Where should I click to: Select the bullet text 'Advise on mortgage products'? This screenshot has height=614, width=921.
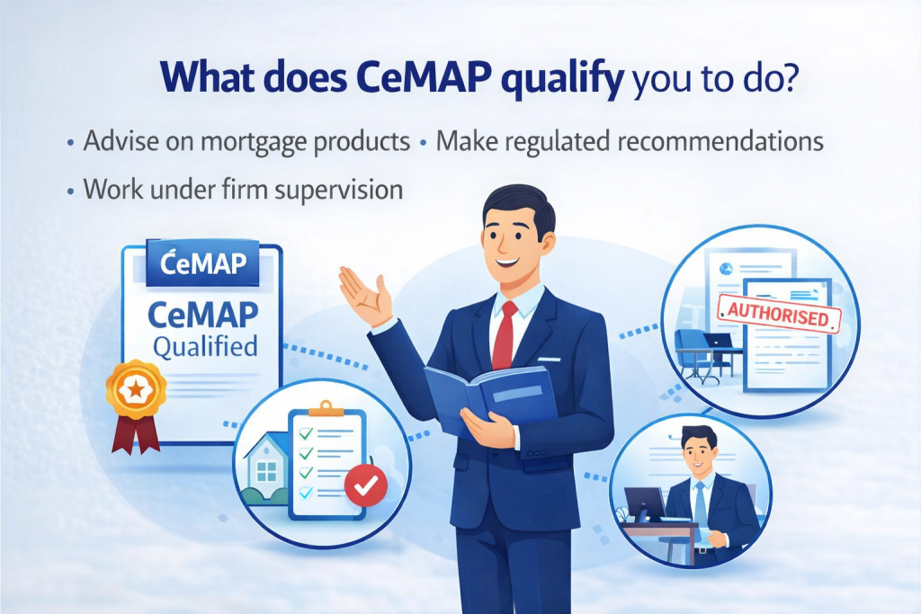[x=246, y=142]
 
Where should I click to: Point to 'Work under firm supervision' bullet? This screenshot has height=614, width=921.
[x=241, y=190]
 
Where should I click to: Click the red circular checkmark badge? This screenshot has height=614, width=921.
[x=366, y=485]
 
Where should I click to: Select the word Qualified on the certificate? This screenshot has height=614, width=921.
[x=204, y=346]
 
